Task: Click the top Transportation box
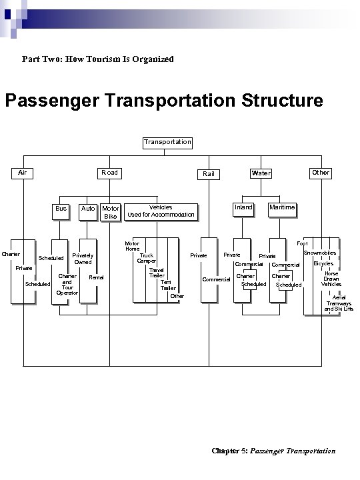click(x=167, y=142)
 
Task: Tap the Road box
click(x=109, y=173)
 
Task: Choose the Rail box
click(x=209, y=174)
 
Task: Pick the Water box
click(x=261, y=173)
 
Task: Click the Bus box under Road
click(x=61, y=209)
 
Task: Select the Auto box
click(x=87, y=209)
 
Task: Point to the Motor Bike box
click(x=111, y=213)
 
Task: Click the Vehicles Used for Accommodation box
click(x=161, y=211)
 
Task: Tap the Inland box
click(x=243, y=207)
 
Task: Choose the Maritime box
click(x=281, y=207)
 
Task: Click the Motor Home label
click(x=132, y=247)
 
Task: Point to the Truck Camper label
click(x=147, y=258)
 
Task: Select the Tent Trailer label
click(x=168, y=285)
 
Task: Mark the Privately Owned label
click(x=83, y=259)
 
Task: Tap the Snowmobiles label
click(x=319, y=253)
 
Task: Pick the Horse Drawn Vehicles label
click(x=331, y=279)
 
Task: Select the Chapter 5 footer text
click(x=273, y=451)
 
